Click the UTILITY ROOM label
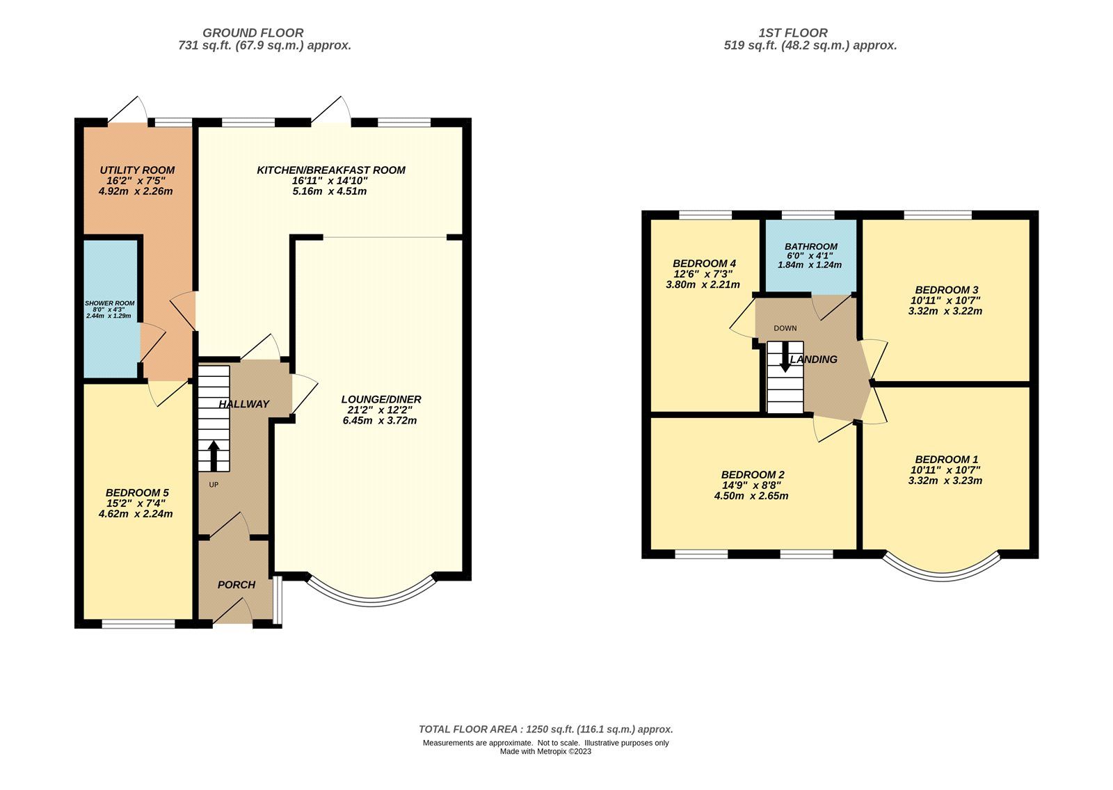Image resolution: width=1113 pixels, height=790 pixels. point(137,170)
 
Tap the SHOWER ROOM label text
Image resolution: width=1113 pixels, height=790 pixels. point(110,303)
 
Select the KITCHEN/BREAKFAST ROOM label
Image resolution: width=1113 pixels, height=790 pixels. point(330,170)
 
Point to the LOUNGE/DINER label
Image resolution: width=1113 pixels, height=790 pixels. point(381,399)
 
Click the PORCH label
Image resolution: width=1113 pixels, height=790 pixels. point(237,585)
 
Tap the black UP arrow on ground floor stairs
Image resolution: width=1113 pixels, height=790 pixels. point(214,456)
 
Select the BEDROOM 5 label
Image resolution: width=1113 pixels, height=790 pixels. point(137,493)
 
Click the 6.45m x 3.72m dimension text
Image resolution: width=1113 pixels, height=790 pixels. point(380,421)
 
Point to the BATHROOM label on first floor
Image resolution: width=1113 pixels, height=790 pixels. point(811,247)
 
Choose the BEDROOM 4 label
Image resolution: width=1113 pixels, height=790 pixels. point(704,264)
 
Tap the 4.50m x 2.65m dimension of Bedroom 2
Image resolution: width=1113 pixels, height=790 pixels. point(751,497)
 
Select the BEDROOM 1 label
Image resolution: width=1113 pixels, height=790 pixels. point(946,460)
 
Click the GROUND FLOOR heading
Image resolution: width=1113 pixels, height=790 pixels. point(253,33)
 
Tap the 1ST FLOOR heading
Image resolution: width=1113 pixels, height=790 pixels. point(793,33)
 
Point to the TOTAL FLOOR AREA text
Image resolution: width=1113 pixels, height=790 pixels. point(545,729)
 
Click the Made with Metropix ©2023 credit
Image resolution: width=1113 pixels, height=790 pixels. point(545,752)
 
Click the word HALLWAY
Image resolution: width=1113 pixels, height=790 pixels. point(243,404)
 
